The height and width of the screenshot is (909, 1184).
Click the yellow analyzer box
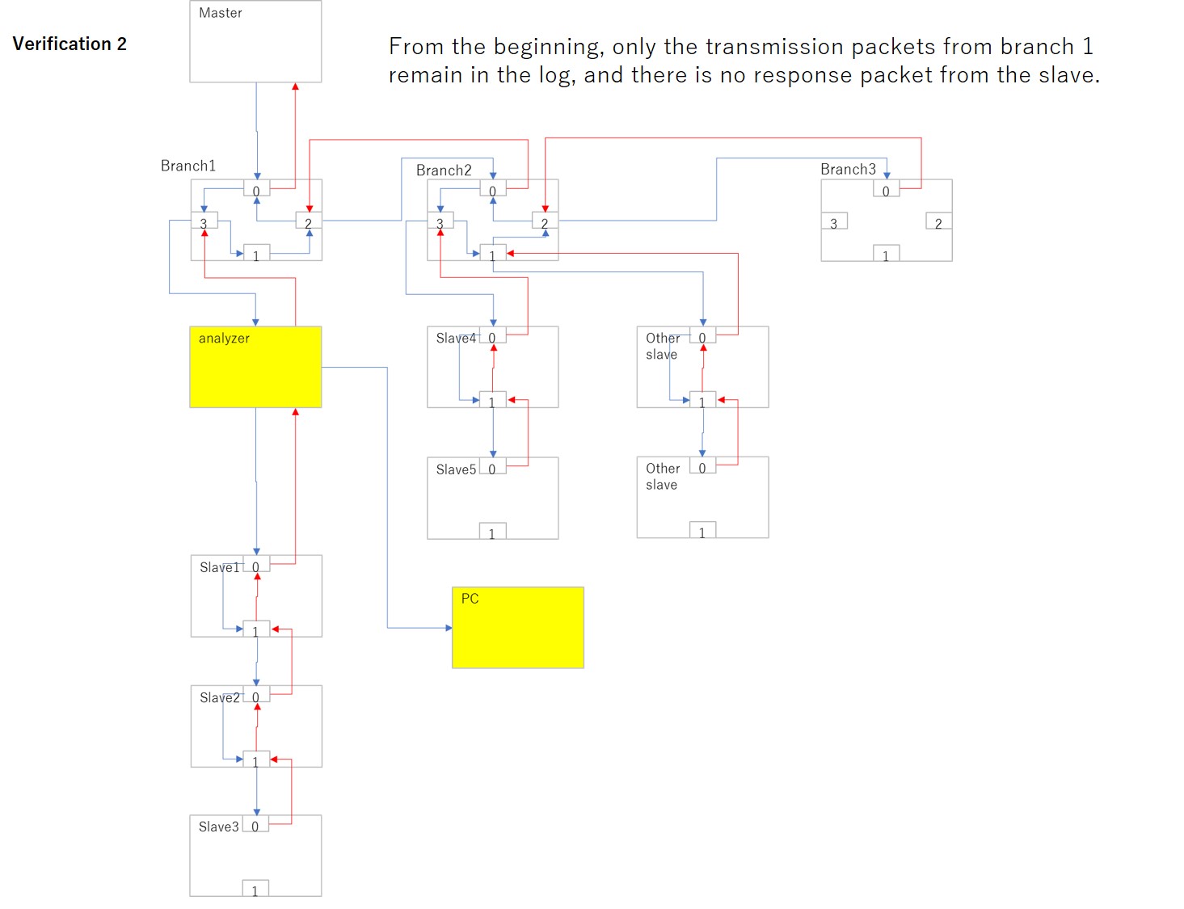255,367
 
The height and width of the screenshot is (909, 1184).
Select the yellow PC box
517,628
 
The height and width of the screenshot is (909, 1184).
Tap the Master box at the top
255,41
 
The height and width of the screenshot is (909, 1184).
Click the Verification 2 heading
70,44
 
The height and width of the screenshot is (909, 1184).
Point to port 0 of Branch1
256,190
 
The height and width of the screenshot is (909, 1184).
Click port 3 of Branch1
204,222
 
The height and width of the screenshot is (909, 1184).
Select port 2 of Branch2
545,222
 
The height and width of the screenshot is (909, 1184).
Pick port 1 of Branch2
492,255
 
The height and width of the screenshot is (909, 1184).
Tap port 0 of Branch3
886,190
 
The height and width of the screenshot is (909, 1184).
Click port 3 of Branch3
834,222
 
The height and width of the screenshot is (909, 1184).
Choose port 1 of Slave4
492,401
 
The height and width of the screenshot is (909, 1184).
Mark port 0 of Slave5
492,468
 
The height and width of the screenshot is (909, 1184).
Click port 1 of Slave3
255,890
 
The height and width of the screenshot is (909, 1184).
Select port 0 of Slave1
256,566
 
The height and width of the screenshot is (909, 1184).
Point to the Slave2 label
220,697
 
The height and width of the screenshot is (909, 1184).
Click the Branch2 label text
444,170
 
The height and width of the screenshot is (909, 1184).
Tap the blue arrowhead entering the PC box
448,628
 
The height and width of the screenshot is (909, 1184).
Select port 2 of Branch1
309,222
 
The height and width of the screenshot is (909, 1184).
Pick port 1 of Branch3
886,255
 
